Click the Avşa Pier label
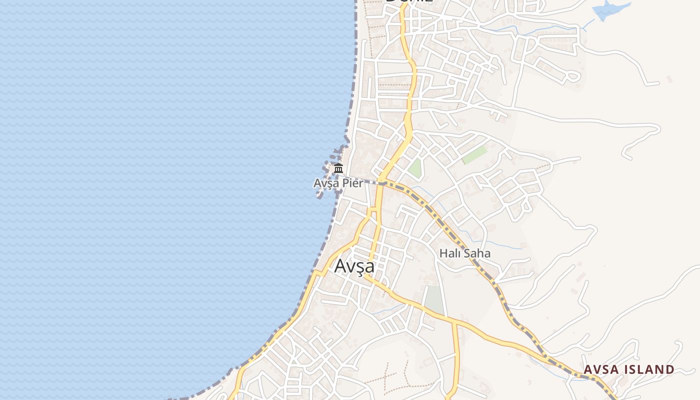pyautogui.click(x=338, y=183)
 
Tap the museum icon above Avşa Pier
pyautogui.click(x=338, y=168)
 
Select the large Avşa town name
pyautogui.click(x=354, y=265)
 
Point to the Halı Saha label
pyautogui.click(x=464, y=253)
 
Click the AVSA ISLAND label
pyautogui.click(x=629, y=369)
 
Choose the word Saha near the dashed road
pyautogui.click(x=477, y=253)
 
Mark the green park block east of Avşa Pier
pyautogui.click(x=414, y=167)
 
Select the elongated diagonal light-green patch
pyautogui.click(x=474, y=155)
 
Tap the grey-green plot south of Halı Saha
pyautogui.click(x=433, y=300)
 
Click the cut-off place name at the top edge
pyautogui.click(x=408, y=2)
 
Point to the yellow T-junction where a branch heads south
pyautogui.click(x=454, y=323)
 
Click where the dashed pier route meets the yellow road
pyautogui.click(x=381, y=183)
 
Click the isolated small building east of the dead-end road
pyautogui.click(x=669, y=79)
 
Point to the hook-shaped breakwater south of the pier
pyautogui.click(x=320, y=193)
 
